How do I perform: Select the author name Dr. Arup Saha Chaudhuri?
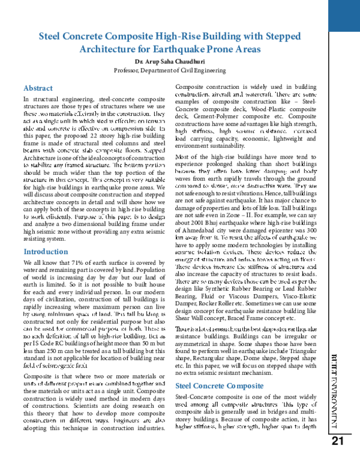172,62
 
